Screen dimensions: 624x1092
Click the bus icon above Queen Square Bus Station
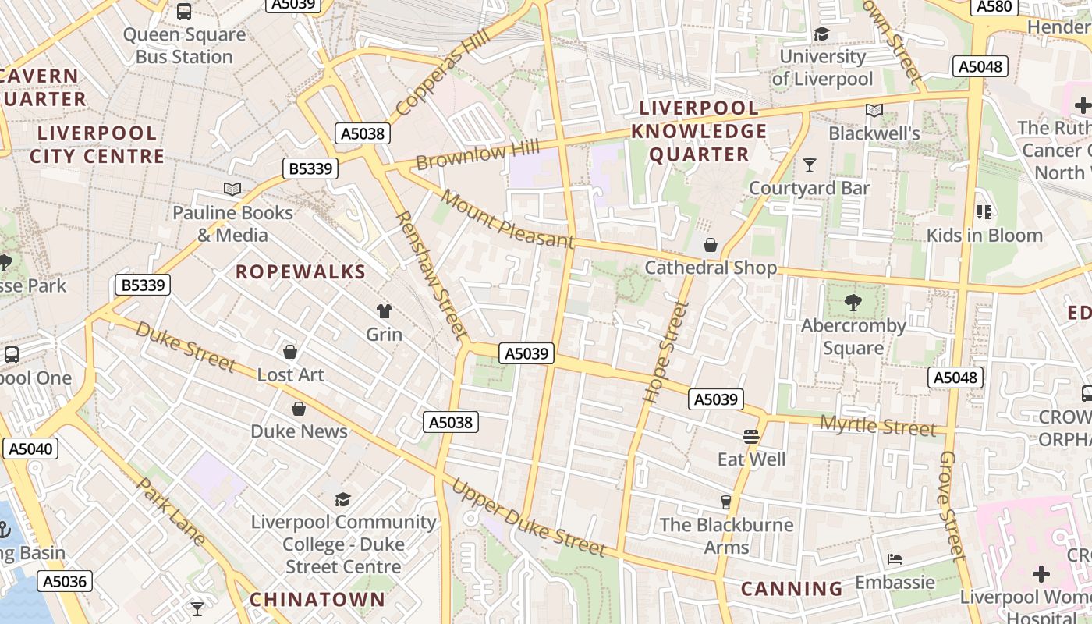[184, 12]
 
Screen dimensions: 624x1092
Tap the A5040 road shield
[30, 448]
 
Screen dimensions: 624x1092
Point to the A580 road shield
[994, 7]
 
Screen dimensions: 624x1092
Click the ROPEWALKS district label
[300, 271]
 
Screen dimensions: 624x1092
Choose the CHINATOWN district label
[317, 599]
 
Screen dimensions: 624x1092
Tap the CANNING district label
[792, 588]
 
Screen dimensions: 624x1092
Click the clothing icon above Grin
[384, 311]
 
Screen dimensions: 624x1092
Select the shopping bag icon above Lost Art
[290, 353]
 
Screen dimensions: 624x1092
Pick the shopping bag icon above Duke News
[299, 409]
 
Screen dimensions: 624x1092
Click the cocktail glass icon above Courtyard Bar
[809, 165]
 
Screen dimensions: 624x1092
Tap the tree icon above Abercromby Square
[853, 303]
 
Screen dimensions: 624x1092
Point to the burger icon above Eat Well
[751, 437]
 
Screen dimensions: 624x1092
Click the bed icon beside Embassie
[895, 559]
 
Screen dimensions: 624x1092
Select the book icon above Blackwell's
[874, 111]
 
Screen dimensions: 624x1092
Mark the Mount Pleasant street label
[506, 218]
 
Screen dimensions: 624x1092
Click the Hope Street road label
[665, 353]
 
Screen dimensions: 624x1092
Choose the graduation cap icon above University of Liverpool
[821, 34]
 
